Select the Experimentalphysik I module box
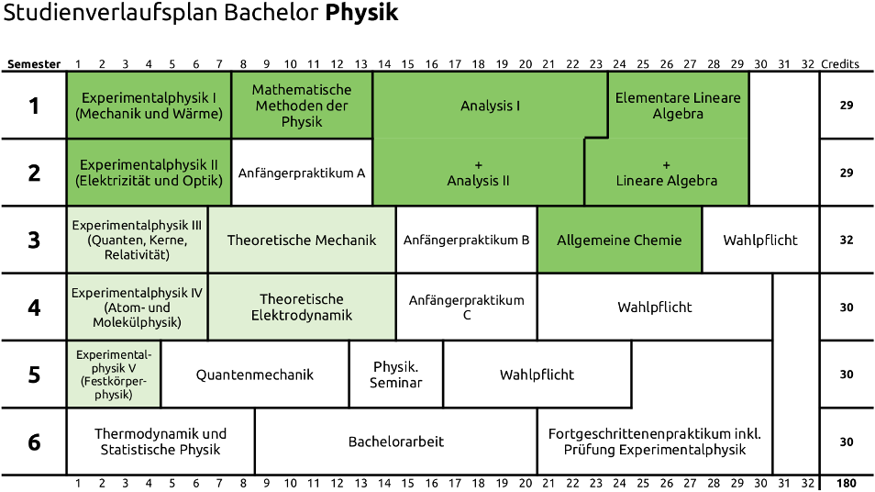[149, 106]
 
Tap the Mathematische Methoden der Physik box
[302, 106]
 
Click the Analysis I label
[490, 106]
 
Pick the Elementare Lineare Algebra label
[678, 106]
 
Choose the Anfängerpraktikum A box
[302, 173]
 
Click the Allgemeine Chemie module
[619, 240]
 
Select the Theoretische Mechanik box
[302, 240]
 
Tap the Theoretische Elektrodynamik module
[302, 307]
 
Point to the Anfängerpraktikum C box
[466, 307]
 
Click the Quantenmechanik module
[255, 375]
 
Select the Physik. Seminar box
[396, 375]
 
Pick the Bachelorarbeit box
[396, 442]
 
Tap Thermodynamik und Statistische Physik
[161, 442]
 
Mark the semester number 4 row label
[34, 307]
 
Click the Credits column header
[840, 64]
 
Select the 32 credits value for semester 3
[847, 240]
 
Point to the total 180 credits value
[847, 484]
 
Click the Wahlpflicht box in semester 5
[537, 375]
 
